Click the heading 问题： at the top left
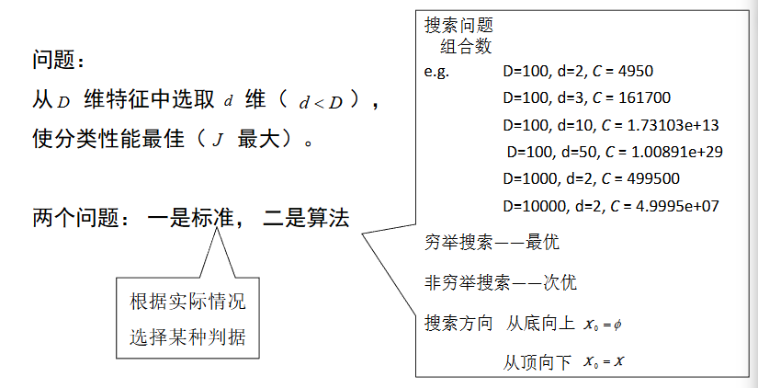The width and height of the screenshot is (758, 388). (58, 62)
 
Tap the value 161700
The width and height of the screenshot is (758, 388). (641, 98)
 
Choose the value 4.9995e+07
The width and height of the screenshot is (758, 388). (668, 205)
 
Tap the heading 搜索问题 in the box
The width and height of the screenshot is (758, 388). (458, 26)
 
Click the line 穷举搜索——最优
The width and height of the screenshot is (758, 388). (492, 243)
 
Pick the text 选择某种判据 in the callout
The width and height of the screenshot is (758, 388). (187, 337)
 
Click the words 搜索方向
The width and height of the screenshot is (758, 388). (458, 324)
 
